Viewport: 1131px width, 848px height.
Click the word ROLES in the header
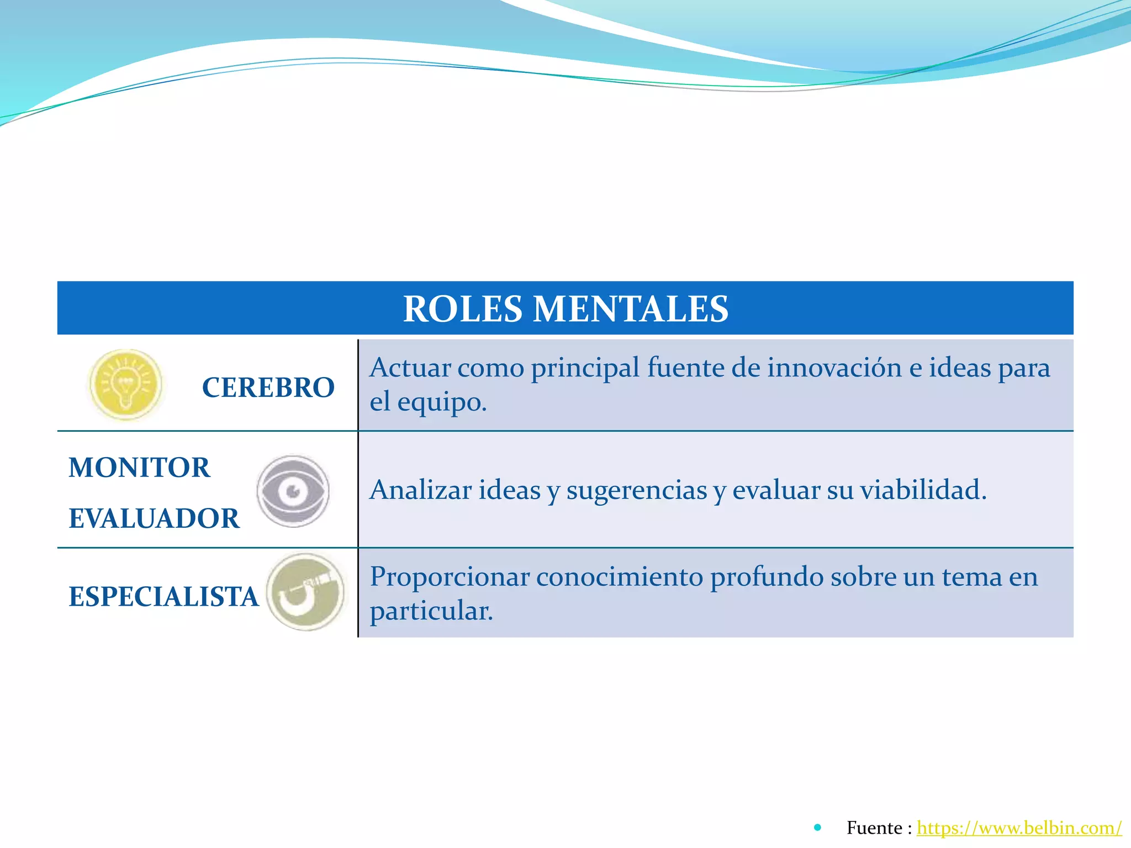click(462, 309)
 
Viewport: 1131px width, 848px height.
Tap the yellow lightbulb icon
click(126, 385)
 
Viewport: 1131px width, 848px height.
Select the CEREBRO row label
click(268, 387)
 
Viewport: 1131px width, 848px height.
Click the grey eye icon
click(293, 491)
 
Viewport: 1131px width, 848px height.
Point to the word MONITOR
click(139, 468)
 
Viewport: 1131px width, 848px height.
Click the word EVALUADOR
click(154, 518)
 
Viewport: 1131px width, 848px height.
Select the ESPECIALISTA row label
click(163, 597)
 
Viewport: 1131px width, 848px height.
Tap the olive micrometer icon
click(306, 592)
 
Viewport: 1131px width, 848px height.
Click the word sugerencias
click(636, 491)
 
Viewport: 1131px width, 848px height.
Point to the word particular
click(431, 611)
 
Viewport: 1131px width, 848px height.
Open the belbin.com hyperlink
click(1019, 828)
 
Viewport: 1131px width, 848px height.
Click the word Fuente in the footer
click(874, 828)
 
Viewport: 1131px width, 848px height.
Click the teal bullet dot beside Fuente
click(818, 828)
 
